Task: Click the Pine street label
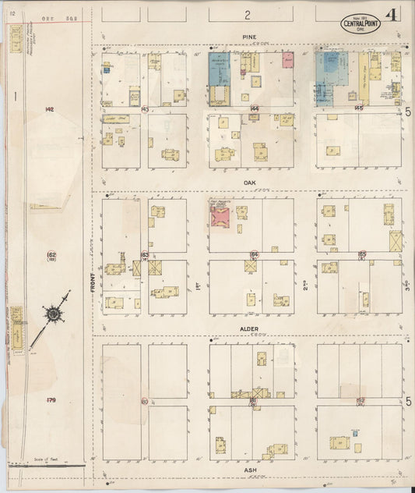(x=249, y=36)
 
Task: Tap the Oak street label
(x=249, y=179)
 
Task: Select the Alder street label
(x=250, y=329)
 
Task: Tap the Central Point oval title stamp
(x=361, y=21)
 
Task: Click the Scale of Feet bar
(x=47, y=466)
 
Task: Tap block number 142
(x=49, y=108)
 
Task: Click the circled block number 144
(x=254, y=108)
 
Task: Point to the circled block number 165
(x=361, y=254)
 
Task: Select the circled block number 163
(x=145, y=254)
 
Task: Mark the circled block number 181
(x=253, y=399)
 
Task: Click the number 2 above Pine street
(x=248, y=14)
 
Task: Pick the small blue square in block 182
(x=354, y=433)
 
